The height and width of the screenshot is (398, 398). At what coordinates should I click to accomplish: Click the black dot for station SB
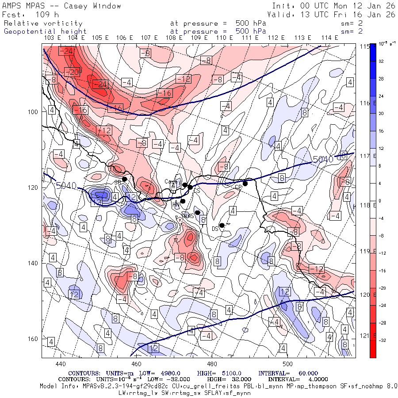click(x=125, y=179)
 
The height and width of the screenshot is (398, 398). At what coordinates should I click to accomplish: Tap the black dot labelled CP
click(x=245, y=184)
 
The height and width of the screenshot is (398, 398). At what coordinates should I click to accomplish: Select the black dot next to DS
click(x=222, y=226)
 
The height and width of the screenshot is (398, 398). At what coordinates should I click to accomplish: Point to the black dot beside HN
click(x=183, y=201)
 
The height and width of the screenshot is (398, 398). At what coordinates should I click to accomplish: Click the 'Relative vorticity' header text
click(x=43, y=23)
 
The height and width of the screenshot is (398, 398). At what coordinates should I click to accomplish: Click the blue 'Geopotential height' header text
click(x=46, y=31)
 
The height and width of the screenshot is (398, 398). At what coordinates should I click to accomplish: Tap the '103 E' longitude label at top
click(x=53, y=38)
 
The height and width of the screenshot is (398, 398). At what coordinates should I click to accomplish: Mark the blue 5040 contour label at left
click(x=67, y=186)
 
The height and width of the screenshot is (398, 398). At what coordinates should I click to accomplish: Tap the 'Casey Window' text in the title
click(x=92, y=6)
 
